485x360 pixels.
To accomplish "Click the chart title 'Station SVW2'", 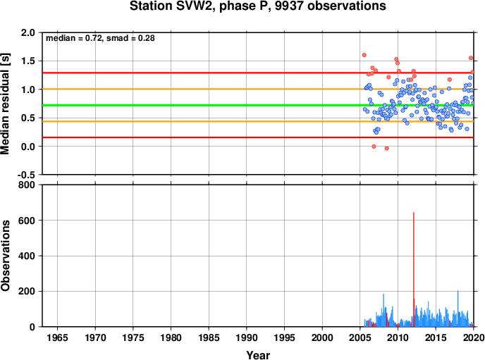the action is pyautogui.click(x=173, y=6).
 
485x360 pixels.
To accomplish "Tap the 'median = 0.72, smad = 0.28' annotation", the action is pyautogui.click(x=100, y=38).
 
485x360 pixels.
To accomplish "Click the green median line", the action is pyautogui.click(x=258, y=106).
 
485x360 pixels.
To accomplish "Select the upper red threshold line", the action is pyautogui.click(x=258, y=73).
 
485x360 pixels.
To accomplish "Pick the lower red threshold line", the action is pyautogui.click(x=258, y=137).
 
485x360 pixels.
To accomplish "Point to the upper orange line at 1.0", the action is pyautogui.click(x=258, y=89).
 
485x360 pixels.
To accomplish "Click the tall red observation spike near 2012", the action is pyautogui.click(x=414, y=269).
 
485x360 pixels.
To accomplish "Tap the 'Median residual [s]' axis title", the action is pyautogui.click(x=5, y=104).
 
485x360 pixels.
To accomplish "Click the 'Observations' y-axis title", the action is pyautogui.click(x=5, y=256).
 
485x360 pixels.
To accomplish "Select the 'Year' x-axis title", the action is pyautogui.click(x=258, y=355).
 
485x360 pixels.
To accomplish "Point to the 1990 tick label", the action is pyautogui.click(x=247, y=337).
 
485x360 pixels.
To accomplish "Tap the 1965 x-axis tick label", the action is pyautogui.click(x=57, y=337).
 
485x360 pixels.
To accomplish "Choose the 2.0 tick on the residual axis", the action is pyautogui.click(x=27, y=32).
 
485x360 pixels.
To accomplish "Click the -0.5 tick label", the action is pyautogui.click(x=26, y=175).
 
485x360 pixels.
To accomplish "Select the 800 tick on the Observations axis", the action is pyautogui.click(x=27, y=185).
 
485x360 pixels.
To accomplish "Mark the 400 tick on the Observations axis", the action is pyautogui.click(x=27, y=256).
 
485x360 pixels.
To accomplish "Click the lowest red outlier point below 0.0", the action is pyautogui.click(x=386, y=149).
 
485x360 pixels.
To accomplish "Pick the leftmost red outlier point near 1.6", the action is pyautogui.click(x=364, y=55).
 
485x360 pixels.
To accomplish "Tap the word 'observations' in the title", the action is pyautogui.click(x=347, y=6).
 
